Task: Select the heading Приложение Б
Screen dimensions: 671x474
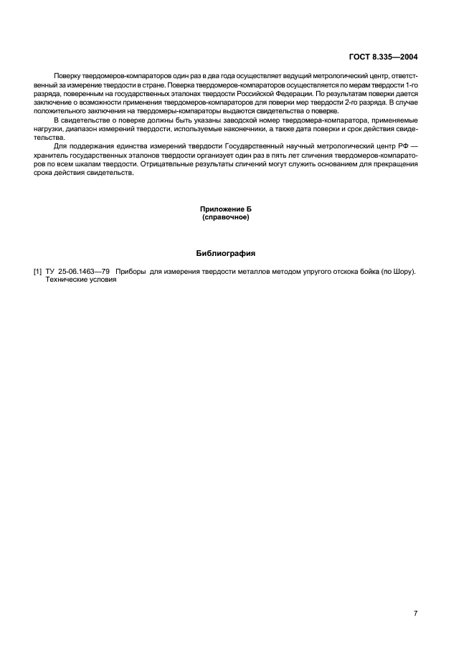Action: [225, 209]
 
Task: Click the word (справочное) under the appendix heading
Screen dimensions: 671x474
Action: [225, 216]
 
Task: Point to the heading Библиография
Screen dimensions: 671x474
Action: [225, 253]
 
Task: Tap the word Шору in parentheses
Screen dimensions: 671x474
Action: [404, 272]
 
